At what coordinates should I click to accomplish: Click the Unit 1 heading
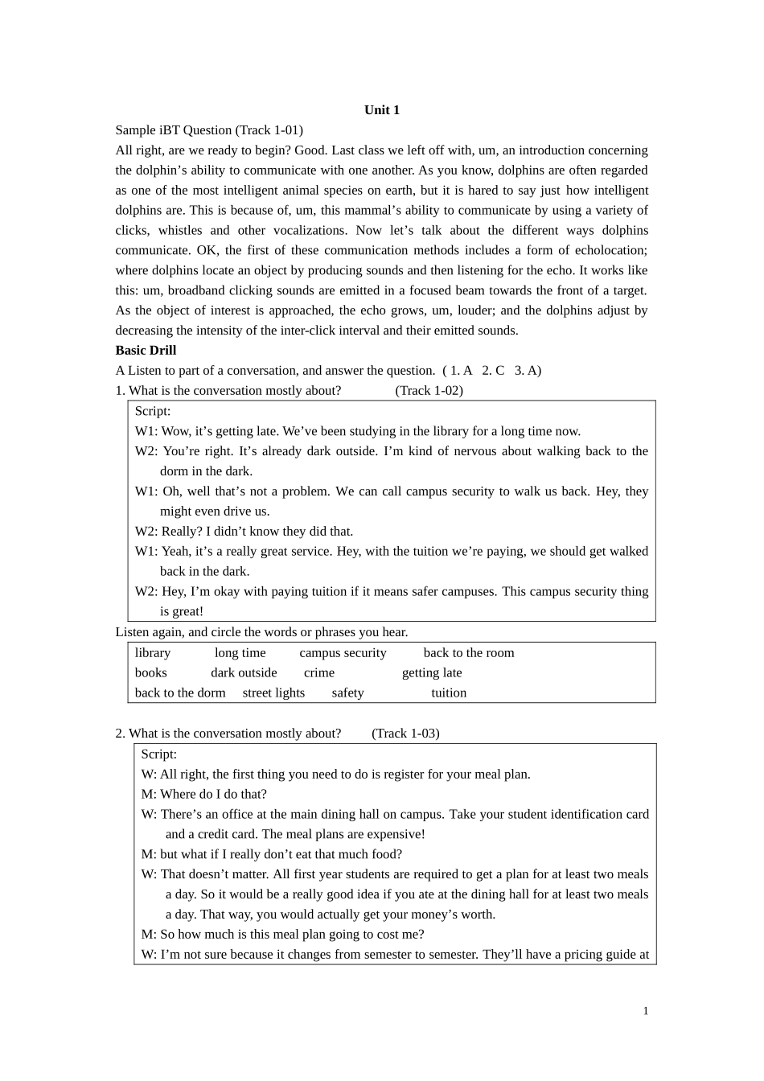click(381, 110)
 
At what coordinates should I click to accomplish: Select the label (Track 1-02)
click(429, 391)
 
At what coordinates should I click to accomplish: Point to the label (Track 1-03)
click(405, 734)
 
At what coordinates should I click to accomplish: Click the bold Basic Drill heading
click(146, 351)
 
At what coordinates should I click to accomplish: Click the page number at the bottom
click(645, 1011)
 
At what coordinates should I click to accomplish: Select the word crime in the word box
click(318, 673)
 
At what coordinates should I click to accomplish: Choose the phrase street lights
click(273, 693)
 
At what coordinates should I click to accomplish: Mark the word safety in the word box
click(347, 693)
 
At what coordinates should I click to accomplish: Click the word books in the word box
click(151, 673)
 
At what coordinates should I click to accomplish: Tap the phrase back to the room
click(469, 653)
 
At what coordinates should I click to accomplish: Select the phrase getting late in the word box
click(432, 673)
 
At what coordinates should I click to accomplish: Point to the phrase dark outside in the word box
click(244, 673)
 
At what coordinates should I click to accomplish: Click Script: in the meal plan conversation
click(158, 754)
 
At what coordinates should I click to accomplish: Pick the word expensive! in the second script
click(395, 834)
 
